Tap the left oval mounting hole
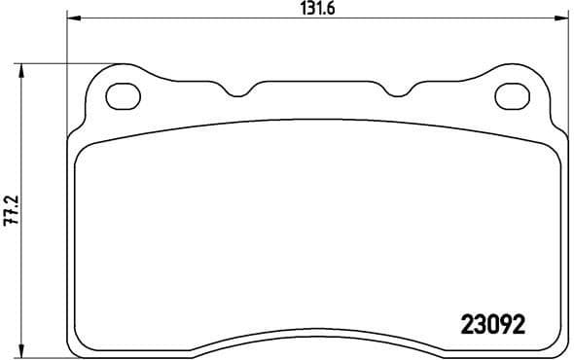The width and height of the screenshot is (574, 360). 123,95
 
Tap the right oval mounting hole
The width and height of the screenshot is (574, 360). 513,95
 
